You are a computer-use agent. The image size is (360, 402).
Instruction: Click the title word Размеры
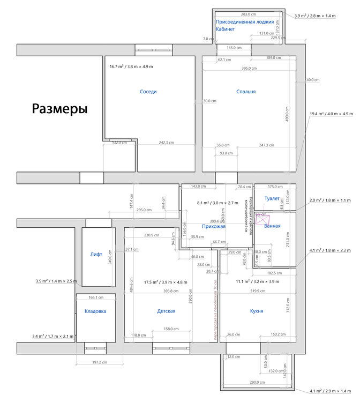pos(59,109)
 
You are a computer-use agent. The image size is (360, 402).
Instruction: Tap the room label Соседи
pos(148,92)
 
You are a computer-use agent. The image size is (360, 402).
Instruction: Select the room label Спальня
pos(246,92)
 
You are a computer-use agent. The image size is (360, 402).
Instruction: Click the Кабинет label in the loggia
pos(226,29)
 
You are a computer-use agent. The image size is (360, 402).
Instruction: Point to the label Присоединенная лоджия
pos(245,22)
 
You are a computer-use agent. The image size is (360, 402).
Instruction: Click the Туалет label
pos(272,199)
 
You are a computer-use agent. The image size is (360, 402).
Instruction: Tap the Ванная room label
pos(273,226)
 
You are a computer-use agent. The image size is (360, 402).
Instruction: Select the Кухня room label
pos(257,311)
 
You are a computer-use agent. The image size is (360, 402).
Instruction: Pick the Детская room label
pos(166,311)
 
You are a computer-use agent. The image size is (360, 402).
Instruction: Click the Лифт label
pos(96,255)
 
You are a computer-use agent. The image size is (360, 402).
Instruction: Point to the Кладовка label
pos(95,311)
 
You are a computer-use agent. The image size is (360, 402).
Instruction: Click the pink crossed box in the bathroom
pos(263,219)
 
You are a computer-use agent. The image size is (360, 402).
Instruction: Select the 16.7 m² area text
pos(131,66)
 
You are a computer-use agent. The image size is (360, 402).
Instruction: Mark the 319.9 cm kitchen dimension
pos(257,291)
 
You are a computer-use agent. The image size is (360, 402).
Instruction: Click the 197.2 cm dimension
pos(100,362)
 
